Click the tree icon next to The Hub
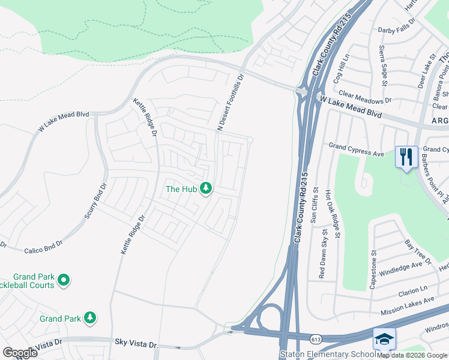[x=206, y=189]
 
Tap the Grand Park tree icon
[x=90, y=317]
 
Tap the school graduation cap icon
[x=384, y=339]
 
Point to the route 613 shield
[x=315, y=340]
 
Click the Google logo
[x=20, y=353]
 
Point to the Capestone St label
[x=373, y=270]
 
